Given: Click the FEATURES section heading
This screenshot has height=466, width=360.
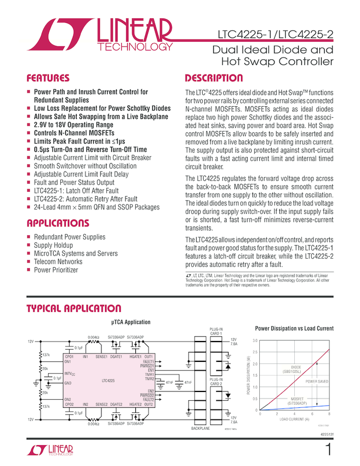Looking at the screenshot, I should tap(48, 78).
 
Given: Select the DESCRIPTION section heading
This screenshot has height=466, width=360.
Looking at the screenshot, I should tap(214, 78).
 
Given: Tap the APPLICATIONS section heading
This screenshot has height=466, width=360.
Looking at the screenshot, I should tap(58, 224).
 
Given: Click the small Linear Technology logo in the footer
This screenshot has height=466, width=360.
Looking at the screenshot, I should tap(50, 451).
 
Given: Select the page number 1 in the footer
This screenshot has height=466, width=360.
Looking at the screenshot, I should tap(328, 450).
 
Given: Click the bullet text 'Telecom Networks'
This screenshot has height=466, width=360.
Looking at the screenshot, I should tap(58, 262).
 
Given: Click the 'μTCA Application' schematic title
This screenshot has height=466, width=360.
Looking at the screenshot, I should tap(131, 322).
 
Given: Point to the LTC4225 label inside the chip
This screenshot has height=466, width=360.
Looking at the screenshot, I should tap(108, 380).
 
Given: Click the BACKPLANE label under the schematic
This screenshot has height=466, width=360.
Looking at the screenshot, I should tap(200, 428).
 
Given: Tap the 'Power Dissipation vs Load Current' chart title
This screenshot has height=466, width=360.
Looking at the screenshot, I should tap(294, 328).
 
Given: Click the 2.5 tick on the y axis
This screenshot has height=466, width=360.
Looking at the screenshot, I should tap(254, 352).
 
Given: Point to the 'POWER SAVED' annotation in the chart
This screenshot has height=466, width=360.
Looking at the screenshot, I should tap(317, 381).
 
